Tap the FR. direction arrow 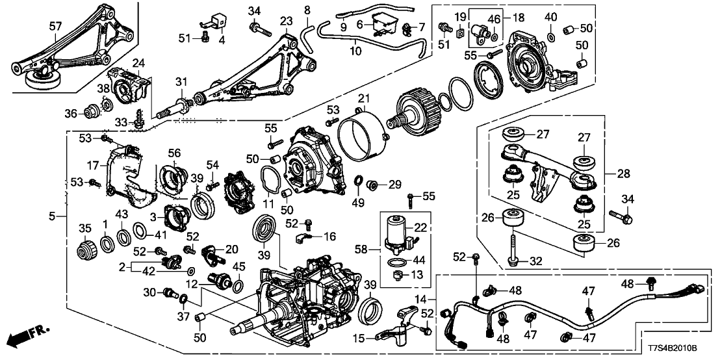point(29,337)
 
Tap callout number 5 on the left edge point(57,214)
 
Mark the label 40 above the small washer point(550,17)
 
